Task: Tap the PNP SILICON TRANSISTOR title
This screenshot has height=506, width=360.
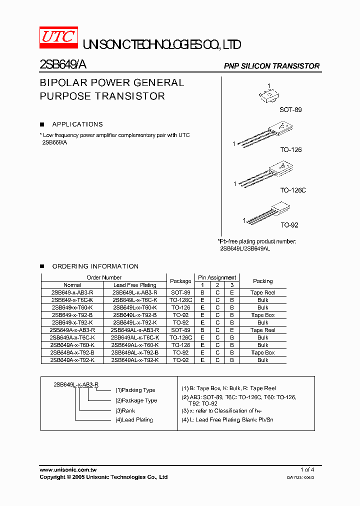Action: [271, 66]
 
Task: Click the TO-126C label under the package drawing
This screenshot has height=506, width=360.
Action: [292, 190]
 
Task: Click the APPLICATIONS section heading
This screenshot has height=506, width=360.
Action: [77, 124]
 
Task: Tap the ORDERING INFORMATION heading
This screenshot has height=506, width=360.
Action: [95, 266]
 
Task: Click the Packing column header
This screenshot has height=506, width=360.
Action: [262, 281]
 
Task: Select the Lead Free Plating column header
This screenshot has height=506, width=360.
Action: [135, 285]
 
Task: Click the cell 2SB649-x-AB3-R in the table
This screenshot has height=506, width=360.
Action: [72, 292]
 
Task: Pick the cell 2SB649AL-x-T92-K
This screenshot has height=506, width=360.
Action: [135, 360]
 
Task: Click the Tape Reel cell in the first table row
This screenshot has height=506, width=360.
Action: [262, 292]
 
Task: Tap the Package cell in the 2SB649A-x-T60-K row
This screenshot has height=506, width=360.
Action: [180, 345]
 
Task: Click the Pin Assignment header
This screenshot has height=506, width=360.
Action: [217, 277]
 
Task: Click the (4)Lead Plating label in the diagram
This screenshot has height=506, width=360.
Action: [134, 420]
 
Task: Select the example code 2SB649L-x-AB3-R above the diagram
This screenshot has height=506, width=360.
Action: [76, 384]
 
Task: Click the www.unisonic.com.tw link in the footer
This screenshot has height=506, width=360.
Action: [68, 470]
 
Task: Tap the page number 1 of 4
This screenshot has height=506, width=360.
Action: [307, 470]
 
